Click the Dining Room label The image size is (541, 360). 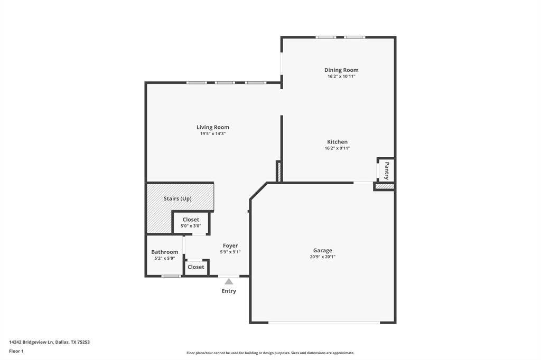point(341,70)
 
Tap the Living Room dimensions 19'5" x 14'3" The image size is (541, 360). point(213,134)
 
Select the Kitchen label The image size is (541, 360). point(337,141)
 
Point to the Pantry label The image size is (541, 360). point(387,170)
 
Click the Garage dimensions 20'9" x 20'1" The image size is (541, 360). point(322,257)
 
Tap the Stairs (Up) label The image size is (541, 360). point(178,198)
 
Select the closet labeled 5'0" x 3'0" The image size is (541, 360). point(191,222)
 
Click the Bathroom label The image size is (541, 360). point(164,252)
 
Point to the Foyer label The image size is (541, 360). point(230,245)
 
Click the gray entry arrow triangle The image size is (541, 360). point(229,282)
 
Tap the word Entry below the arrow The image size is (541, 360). point(229,291)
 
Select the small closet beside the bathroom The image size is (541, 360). point(196,267)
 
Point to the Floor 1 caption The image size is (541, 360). point(16,351)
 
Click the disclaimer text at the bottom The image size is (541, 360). point(270,353)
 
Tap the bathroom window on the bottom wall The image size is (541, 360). point(171,276)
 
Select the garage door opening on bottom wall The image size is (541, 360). point(324,323)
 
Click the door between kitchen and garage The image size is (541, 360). point(363,183)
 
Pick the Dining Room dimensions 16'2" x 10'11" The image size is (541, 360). point(341,77)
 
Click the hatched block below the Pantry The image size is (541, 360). point(385,186)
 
